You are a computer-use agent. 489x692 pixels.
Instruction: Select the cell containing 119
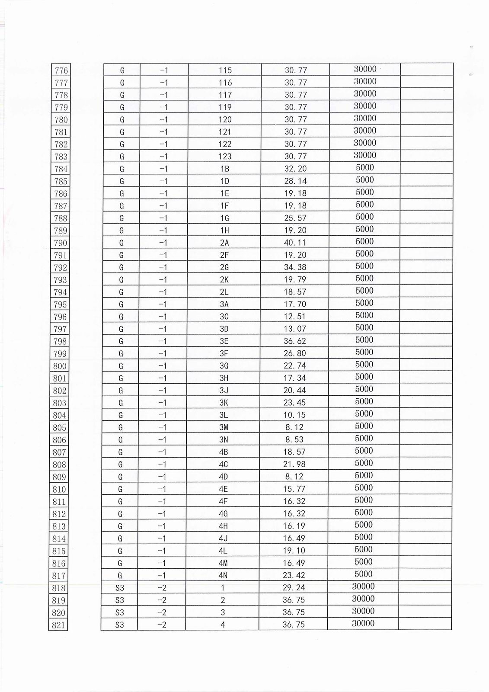click(x=225, y=107)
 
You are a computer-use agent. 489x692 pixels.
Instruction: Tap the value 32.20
click(x=295, y=169)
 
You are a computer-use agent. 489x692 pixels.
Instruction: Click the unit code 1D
click(x=224, y=181)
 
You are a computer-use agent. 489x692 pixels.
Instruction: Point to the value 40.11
click(x=295, y=243)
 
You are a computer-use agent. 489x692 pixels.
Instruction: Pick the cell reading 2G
click(x=224, y=267)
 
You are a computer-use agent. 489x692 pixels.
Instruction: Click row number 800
click(x=60, y=366)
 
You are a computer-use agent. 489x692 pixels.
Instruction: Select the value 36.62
click(x=294, y=341)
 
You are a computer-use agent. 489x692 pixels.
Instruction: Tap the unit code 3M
click(x=224, y=427)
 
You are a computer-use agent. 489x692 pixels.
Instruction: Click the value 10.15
click(x=294, y=415)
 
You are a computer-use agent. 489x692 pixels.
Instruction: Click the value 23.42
click(x=294, y=575)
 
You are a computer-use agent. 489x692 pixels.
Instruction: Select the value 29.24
click(x=294, y=588)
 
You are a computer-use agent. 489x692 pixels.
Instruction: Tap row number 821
click(x=58, y=625)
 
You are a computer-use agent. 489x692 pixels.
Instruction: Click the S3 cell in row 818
click(x=119, y=588)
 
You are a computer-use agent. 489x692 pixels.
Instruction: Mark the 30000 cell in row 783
click(x=365, y=155)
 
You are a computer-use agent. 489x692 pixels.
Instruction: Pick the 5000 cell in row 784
click(x=364, y=167)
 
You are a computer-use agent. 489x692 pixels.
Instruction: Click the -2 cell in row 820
click(x=162, y=612)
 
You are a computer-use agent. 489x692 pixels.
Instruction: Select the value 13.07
click(x=295, y=329)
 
